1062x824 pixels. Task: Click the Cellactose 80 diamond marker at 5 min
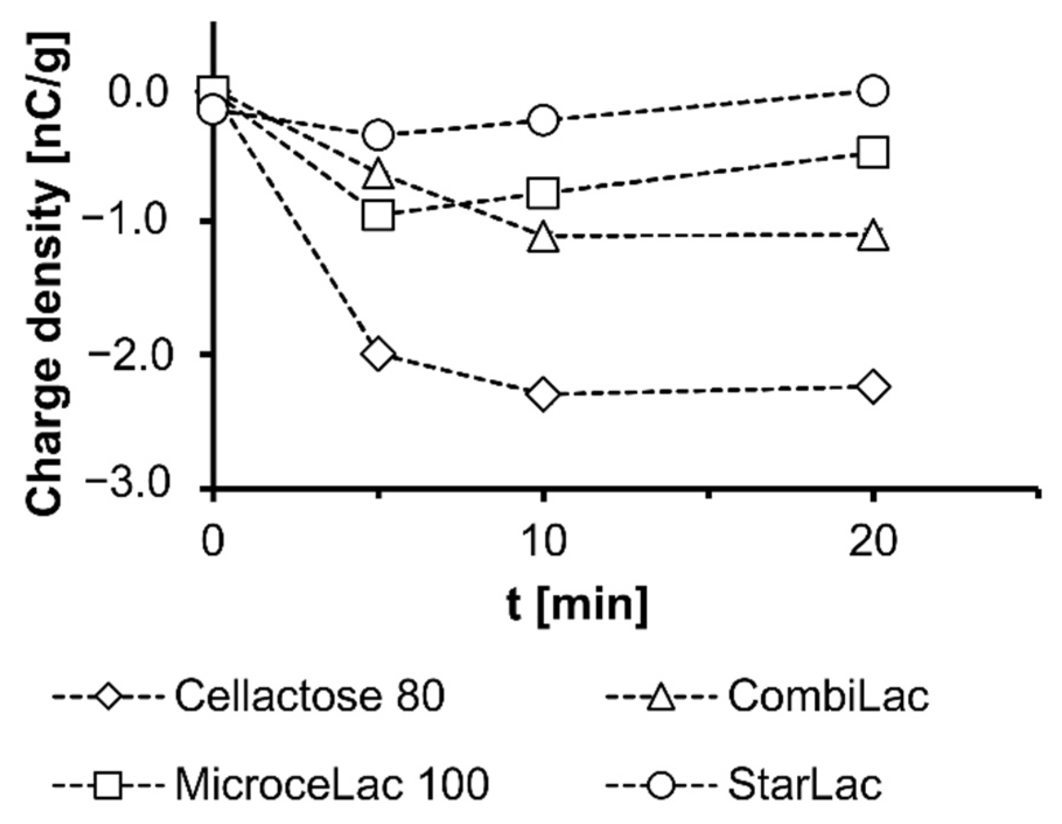[378, 354]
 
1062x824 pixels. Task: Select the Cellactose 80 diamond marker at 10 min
[543, 394]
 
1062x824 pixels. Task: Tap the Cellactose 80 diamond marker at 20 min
[872, 387]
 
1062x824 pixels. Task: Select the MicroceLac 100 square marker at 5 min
[378, 215]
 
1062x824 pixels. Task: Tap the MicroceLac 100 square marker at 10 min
[543, 193]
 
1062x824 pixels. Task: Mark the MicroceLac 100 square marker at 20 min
[872, 153]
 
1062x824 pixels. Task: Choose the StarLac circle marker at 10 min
[543, 120]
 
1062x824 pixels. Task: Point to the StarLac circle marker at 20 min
[872, 90]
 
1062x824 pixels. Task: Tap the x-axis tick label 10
[543, 542]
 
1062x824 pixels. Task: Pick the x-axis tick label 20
[872, 542]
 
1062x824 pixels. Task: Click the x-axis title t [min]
[576, 605]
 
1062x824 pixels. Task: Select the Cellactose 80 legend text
[310, 696]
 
